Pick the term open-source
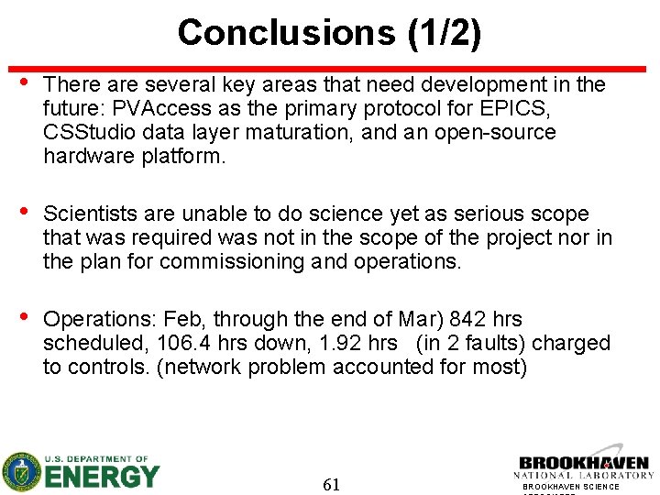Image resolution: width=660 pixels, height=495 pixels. click(x=498, y=132)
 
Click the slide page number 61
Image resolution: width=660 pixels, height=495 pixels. click(x=332, y=484)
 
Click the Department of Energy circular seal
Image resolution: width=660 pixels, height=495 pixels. click(x=21, y=472)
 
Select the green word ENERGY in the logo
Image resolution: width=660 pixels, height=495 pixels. click(x=103, y=478)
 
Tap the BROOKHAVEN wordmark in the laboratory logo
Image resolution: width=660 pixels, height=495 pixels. click(x=584, y=463)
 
